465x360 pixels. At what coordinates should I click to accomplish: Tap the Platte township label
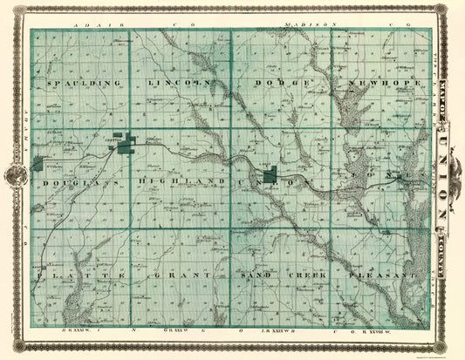(80, 275)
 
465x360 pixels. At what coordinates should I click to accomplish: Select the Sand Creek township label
(280, 275)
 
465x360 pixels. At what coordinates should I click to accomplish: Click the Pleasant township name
(381, 275)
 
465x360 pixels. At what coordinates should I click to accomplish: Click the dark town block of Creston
(127, 143)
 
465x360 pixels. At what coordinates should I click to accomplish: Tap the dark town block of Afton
(271, 176)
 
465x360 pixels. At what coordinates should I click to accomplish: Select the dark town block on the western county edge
(38, 163)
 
